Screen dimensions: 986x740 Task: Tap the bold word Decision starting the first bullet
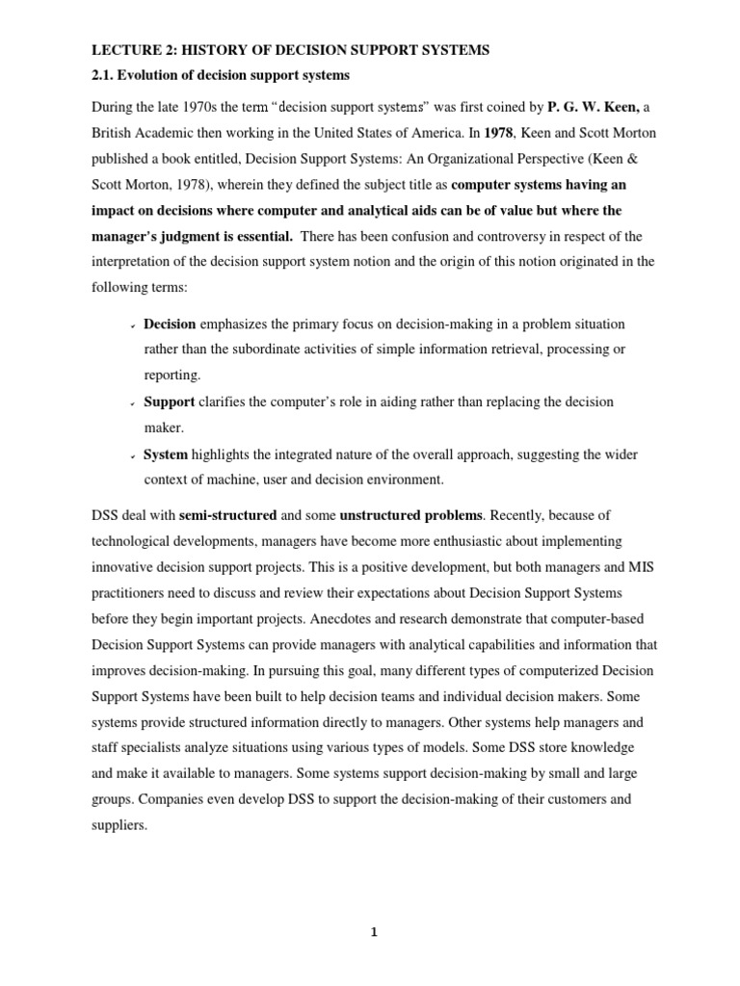(170, 323)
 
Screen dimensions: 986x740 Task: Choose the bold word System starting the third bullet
(166, 454)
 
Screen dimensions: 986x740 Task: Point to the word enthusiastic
(443, 541)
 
